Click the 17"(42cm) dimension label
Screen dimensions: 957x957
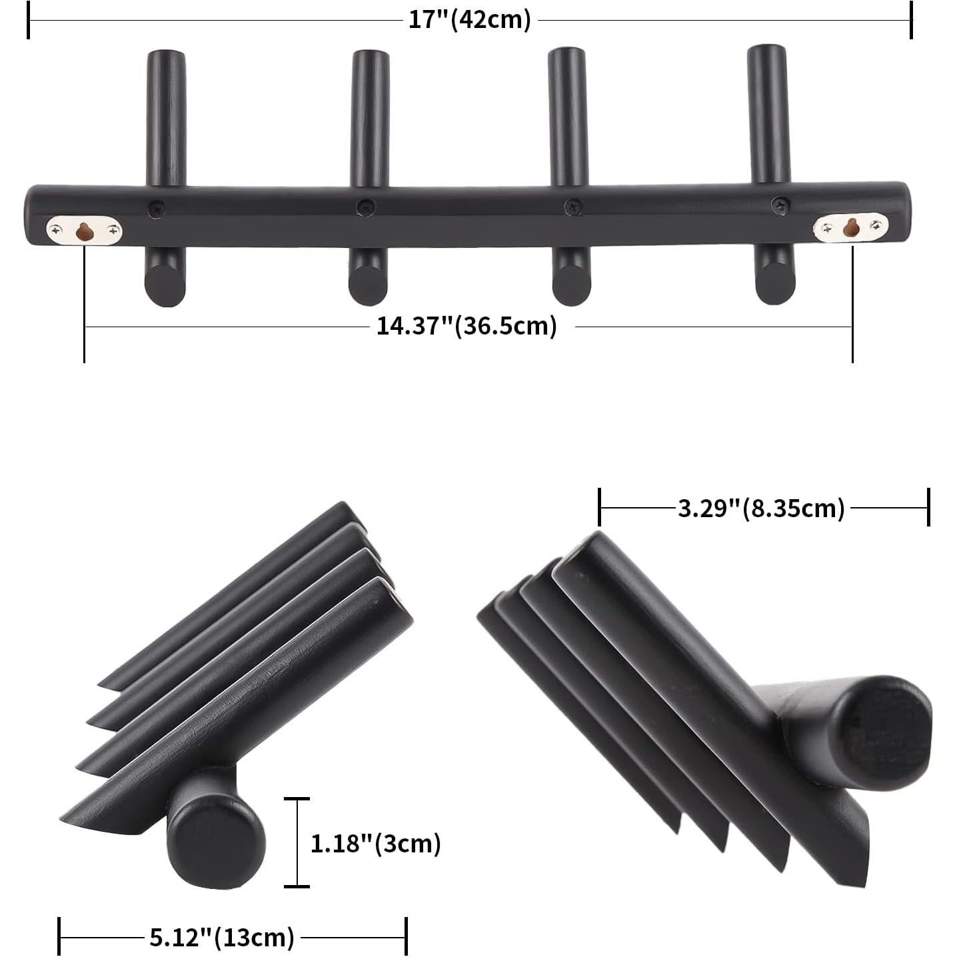point(469,19)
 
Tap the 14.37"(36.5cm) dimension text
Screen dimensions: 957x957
point(467,327)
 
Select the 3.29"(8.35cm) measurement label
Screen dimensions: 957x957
point(761,508)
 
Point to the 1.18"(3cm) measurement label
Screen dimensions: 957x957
point(376,844)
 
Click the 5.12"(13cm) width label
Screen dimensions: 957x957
point(221,938)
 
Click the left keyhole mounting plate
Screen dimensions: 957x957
point(84,231)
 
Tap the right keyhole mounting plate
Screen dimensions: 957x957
point(850,229)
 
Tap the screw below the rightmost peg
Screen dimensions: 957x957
point(780,205)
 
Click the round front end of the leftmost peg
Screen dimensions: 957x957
point(165,285)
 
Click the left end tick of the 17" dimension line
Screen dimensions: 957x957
point(29,20)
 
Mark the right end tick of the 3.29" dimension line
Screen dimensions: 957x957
point(928,507)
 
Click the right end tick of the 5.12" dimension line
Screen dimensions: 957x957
point(406,937)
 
